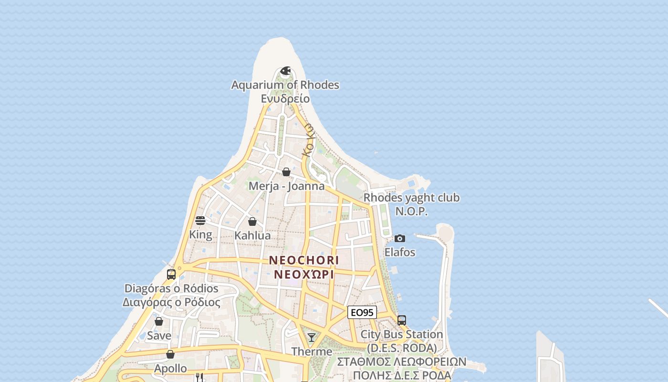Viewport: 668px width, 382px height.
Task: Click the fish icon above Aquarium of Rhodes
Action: (285, 71)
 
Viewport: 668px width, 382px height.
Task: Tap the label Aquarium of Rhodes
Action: (285, 85)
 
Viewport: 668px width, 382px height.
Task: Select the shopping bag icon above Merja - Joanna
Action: (286, 172)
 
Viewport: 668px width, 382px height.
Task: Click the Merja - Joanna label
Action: (286, 186)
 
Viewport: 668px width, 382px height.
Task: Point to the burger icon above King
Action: (200, 221)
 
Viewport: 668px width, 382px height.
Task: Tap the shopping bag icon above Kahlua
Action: (252, 222)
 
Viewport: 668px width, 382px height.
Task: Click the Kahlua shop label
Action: (252, 235)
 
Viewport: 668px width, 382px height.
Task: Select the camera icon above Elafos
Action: (400, 238)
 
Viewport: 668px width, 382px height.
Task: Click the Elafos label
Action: (400, 252)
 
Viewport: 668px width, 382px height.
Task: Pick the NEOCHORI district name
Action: (304, 260)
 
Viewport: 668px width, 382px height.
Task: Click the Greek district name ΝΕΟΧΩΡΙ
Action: (304, 275)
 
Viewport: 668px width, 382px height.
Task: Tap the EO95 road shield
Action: (362, 313)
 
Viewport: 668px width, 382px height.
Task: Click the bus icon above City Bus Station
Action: (402, 320)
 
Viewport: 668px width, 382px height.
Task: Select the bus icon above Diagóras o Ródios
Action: (171, 275)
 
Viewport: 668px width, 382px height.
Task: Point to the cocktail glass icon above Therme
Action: (312, 338)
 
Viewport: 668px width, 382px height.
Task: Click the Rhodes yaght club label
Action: (411, 198)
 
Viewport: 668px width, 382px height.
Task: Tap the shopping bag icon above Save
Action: (159, 321)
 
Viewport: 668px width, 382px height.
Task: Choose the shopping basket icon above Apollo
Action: (170, 354)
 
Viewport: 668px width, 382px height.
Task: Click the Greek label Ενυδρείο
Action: (285, 99)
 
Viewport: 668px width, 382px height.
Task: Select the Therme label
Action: (312, 351)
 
